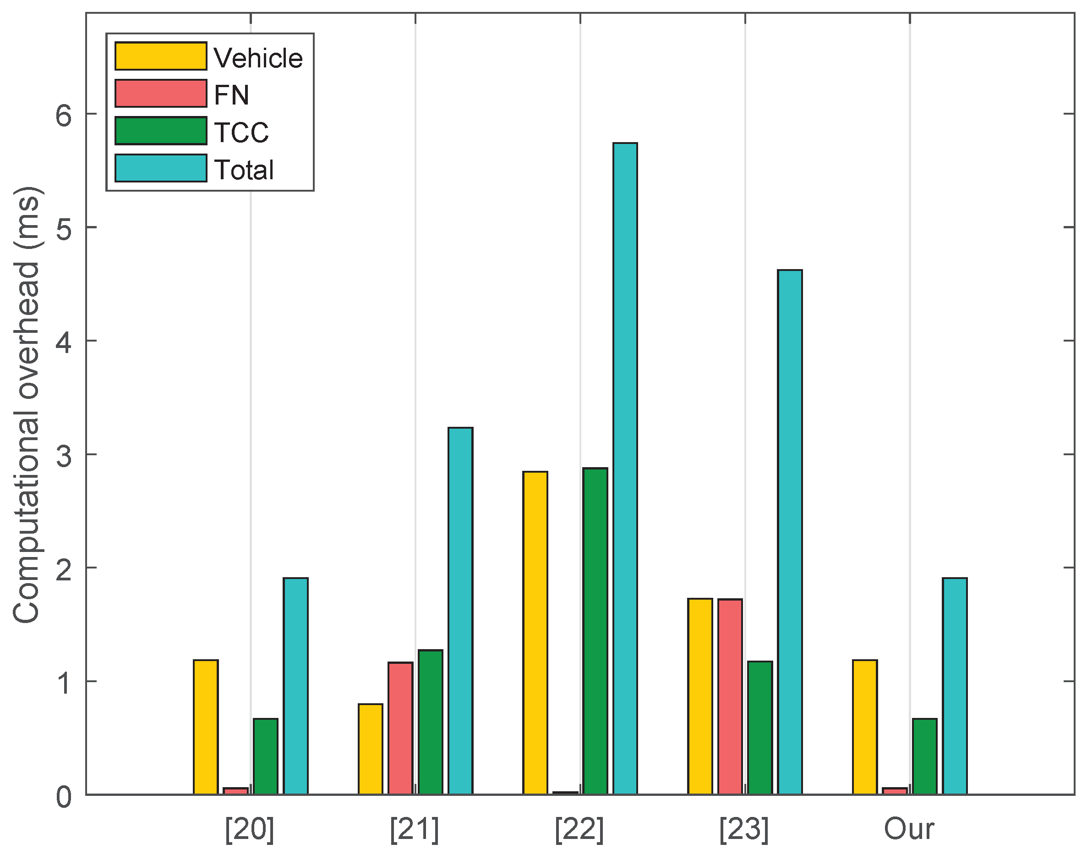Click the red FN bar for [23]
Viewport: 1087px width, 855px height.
click(x=730, y=696)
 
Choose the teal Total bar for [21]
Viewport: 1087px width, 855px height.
click(x=460, y=611)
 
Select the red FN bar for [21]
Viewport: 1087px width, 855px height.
click(x=400, y=728)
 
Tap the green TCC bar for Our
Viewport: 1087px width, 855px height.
click(x=924, y=756)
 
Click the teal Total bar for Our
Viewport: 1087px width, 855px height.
click(x=955, y=686)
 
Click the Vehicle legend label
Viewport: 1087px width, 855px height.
click(x=258, y=58)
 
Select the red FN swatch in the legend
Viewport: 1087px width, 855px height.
click(x=161, y=94)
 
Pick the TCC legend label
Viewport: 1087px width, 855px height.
click(x=241, y=132)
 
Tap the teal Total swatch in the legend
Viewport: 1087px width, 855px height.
click(x=161, y=168)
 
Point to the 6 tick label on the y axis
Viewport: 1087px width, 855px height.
click(x=64, y=116)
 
